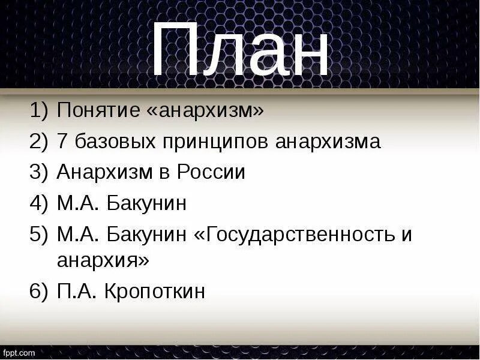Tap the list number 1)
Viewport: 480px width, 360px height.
click(37, 110)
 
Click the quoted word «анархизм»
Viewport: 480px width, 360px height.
click(205, 110)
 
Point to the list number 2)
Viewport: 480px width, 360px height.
click(37, 142)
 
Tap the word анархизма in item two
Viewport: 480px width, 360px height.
click(328, 142)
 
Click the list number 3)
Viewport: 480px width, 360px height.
click(37, 173)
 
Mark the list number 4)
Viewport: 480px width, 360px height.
click(37, 203)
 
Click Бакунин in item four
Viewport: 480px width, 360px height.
click(148, 204)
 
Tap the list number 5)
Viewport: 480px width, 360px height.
click(37, 235)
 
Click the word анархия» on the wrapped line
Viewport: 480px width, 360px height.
click(103, 261)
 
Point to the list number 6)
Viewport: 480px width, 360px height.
click(37, 292)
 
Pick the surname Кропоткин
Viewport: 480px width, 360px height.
click(155, 292)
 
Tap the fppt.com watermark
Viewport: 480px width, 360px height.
click(19, 353)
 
